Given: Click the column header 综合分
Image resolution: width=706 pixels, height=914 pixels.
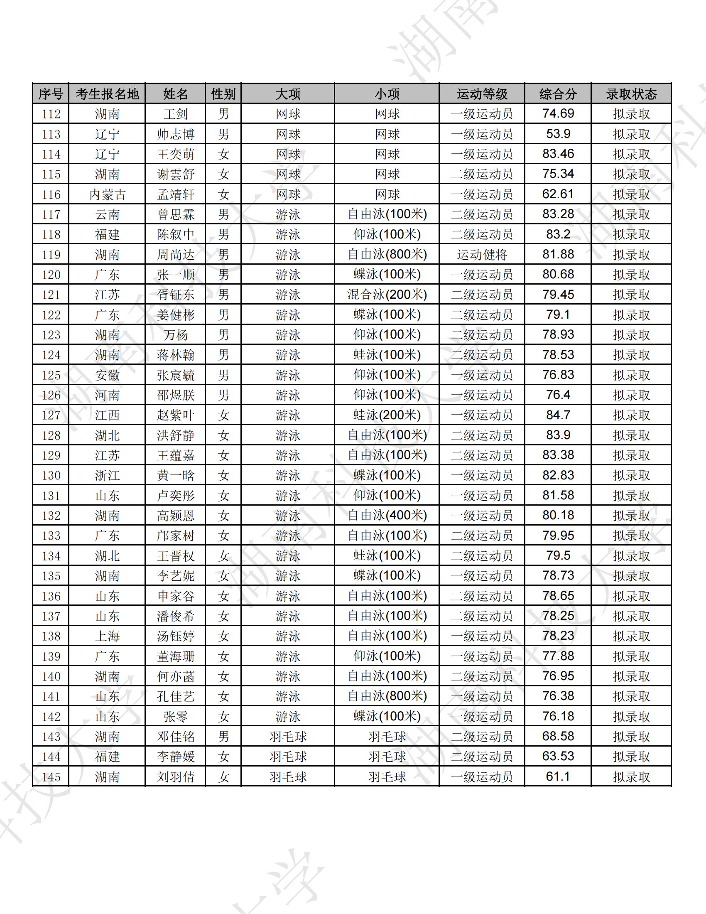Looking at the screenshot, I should (x=558, y=94).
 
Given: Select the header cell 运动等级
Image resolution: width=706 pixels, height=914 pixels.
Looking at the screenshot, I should (x=482, y=94).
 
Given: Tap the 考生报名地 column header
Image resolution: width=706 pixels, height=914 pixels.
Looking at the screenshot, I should (x=107, y=94).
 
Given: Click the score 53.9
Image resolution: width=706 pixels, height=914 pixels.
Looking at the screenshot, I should (x=558, y=134).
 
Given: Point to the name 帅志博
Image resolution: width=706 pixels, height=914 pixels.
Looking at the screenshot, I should (x=176, y=134).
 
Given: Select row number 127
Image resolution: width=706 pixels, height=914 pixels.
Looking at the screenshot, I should (x=51, y=415).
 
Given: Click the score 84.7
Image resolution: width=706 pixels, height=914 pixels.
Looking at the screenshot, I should (x=558, y=415).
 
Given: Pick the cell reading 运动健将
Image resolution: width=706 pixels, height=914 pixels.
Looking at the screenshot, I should (x=482, y=254).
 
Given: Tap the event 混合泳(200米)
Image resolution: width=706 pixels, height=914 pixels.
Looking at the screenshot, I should (x=387, y=295).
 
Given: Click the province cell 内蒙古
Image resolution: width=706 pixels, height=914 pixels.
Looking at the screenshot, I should (x=107, y=194).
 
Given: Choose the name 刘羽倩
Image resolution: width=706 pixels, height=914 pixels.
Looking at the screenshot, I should (x=176, y=777).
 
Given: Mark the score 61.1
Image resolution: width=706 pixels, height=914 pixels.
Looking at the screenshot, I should (x=558, y=777).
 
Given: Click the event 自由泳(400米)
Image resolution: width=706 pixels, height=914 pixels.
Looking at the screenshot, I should (x=387, y=516).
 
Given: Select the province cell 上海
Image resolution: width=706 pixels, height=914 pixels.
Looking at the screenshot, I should (x=107, y=636).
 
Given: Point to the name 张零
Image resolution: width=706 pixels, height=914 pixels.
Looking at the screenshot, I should (x=176, y=717).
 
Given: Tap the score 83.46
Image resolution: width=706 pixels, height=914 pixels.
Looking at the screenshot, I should (x=558, y=154).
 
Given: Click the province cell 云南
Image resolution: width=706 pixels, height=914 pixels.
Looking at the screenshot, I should (x=107, y=215).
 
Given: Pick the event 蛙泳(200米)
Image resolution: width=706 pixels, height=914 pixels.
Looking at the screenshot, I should (x=387, y=415).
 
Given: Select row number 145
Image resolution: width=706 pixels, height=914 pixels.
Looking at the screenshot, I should (x=51, y=777).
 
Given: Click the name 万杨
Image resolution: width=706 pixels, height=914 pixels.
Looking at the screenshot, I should (x=176, y=335).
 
